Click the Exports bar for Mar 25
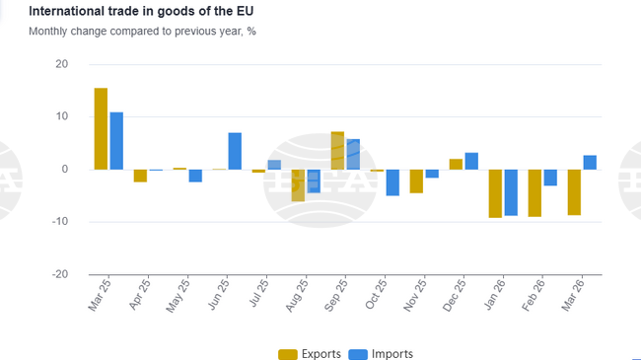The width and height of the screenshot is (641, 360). tap(101, 129)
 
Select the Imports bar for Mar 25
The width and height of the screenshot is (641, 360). tap(116, 141)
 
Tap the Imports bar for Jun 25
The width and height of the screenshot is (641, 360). tap(235, 151)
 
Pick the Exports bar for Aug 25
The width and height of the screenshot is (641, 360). tap(298, 185)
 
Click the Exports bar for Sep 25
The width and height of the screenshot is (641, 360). tap(337, 151)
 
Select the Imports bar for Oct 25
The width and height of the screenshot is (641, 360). tap(392, 182)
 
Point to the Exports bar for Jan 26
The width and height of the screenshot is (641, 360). tap(495, 193)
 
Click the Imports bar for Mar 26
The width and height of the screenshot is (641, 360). tap(590, 163)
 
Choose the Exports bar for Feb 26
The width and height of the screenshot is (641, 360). tap(534, 193)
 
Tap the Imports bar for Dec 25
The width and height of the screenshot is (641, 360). tap(471, 161)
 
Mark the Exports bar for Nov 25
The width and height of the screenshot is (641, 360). tap(416, 181)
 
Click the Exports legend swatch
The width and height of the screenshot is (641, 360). tap(288, 354)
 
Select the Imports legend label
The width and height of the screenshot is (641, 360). tap(392, 354)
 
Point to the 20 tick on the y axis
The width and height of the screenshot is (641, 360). tap(62, 64)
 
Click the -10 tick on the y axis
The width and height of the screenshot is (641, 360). tap(60, 221)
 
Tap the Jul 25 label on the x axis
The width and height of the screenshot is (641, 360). tap(259, 292)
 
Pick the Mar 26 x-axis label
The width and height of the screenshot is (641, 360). tap(573, 295)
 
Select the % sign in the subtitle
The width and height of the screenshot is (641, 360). tap(251, 32)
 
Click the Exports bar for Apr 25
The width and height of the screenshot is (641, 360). tap(140, 176)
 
